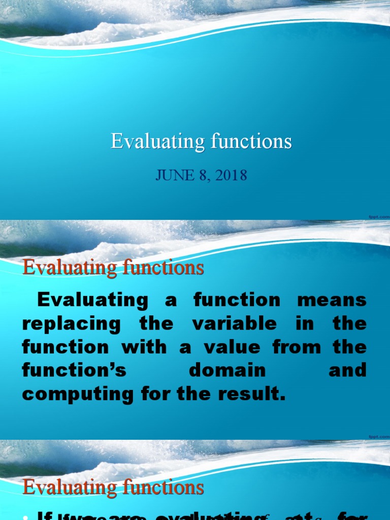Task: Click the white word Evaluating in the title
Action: (x=154, y=142)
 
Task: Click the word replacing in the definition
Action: (x=72, y=323)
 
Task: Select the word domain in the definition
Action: (x=227, y=371)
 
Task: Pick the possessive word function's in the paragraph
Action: (x=74, y=371)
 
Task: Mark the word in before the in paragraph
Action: (x=305, y=323)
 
